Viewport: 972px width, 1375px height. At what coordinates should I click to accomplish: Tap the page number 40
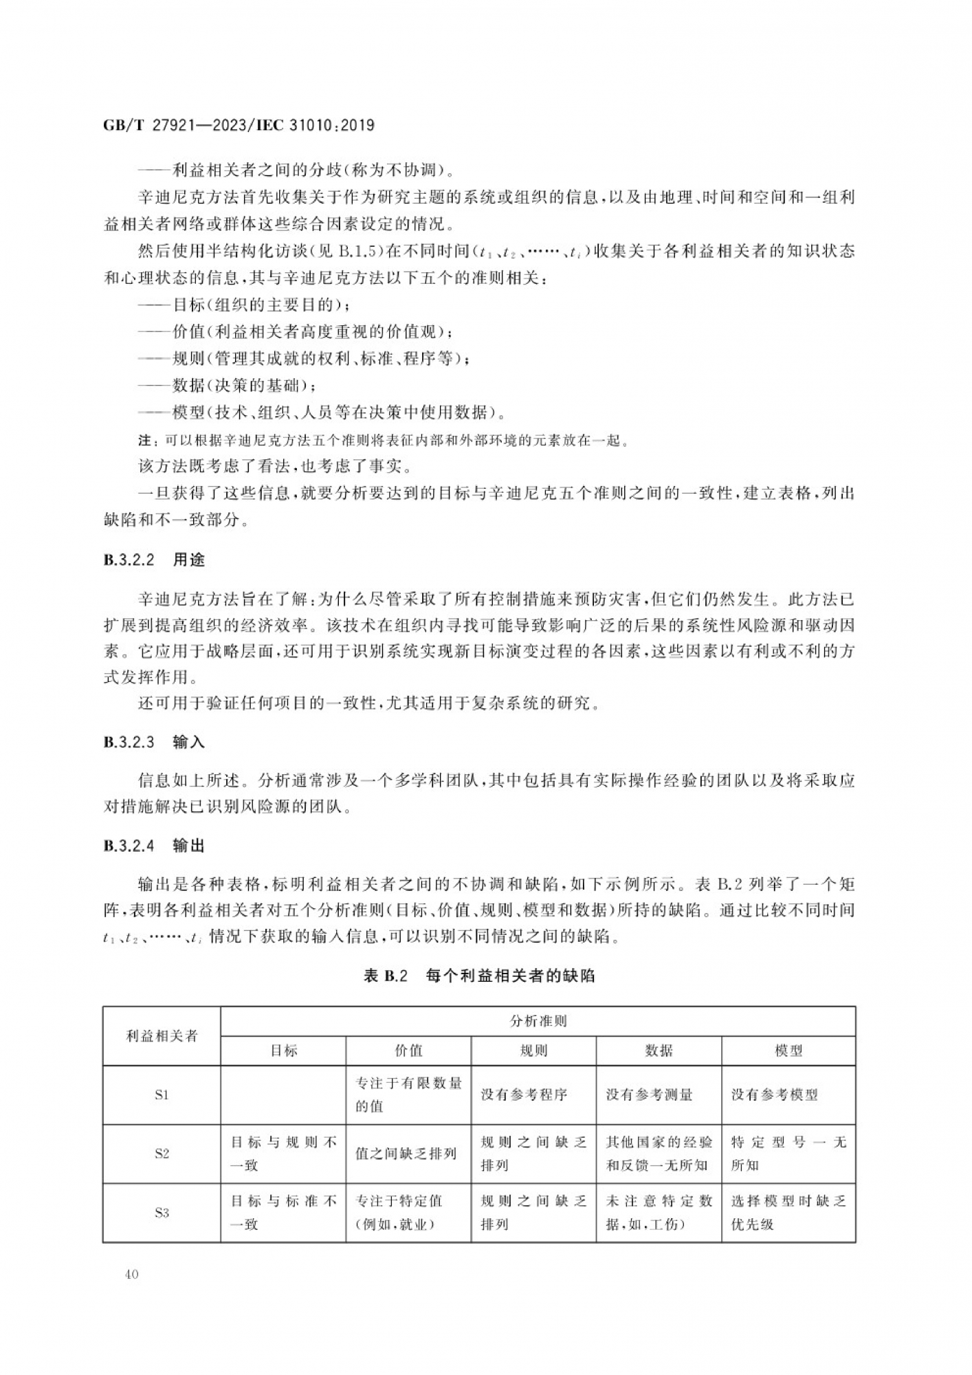tap(132, 1274)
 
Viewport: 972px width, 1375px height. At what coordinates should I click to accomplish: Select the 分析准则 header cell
tap(538, 1021)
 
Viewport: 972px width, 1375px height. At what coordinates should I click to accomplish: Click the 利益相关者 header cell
tap(162, 1036)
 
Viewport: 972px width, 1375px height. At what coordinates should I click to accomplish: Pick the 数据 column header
tap(659, 1050)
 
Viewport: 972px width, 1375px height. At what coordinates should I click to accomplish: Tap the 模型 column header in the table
tap(788, 1050)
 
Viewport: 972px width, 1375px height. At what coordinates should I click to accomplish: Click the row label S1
tap(162, 1094)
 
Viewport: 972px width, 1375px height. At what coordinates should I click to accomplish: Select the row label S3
tap(162, 1213)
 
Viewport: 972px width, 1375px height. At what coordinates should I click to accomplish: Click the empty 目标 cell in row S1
tap(283, 1094)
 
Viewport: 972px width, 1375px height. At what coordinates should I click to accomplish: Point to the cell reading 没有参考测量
tap(649, 1094)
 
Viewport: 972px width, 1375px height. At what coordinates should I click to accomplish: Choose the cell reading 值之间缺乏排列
tap(406, 1154)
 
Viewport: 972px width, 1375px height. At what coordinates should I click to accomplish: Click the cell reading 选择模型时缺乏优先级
tap(788, 1213)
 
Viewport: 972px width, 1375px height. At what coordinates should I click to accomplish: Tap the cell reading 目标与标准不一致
tap(283, 1213)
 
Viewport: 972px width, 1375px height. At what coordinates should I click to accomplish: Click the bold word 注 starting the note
tap(144, 441)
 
